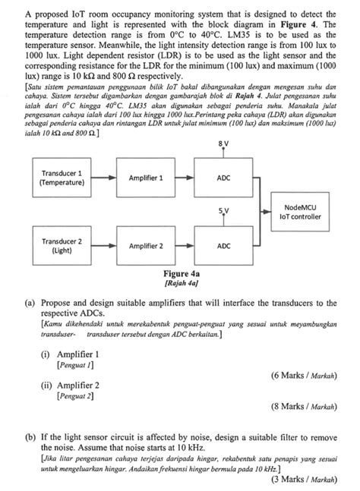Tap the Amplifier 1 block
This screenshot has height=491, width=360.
point(146,178)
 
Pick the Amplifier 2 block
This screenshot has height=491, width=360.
point(146,245)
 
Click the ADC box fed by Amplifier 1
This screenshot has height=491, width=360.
point(223,178)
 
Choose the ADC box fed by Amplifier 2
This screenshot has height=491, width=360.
point(223,245)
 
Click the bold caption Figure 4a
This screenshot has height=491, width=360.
point(181,274)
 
